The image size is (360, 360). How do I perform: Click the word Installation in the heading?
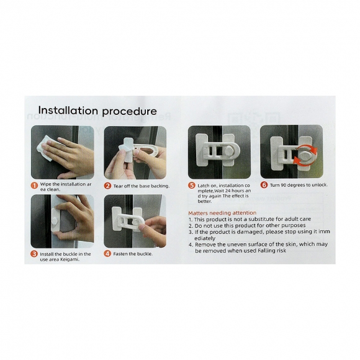coord(68,110)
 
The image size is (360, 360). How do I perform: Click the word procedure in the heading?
coord(130,112)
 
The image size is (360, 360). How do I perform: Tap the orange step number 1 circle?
coord(34,186)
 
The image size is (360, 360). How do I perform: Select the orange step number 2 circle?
coord(107,186)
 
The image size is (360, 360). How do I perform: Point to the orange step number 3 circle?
coord(34,254)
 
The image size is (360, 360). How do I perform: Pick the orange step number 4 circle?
coord(107,254)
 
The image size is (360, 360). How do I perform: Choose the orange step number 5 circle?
coord(191,186)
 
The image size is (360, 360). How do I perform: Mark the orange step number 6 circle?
coord(264,185)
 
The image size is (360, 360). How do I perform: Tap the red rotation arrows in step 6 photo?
coord(305,155)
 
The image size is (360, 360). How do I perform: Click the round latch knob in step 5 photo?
coord(228,151)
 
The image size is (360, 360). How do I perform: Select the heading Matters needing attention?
coord(222,213)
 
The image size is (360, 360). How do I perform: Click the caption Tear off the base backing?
coord(142,186)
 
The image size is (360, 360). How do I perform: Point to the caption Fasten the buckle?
coord(133,254)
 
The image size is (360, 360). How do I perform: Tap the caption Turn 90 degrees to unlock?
coord(299,185)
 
